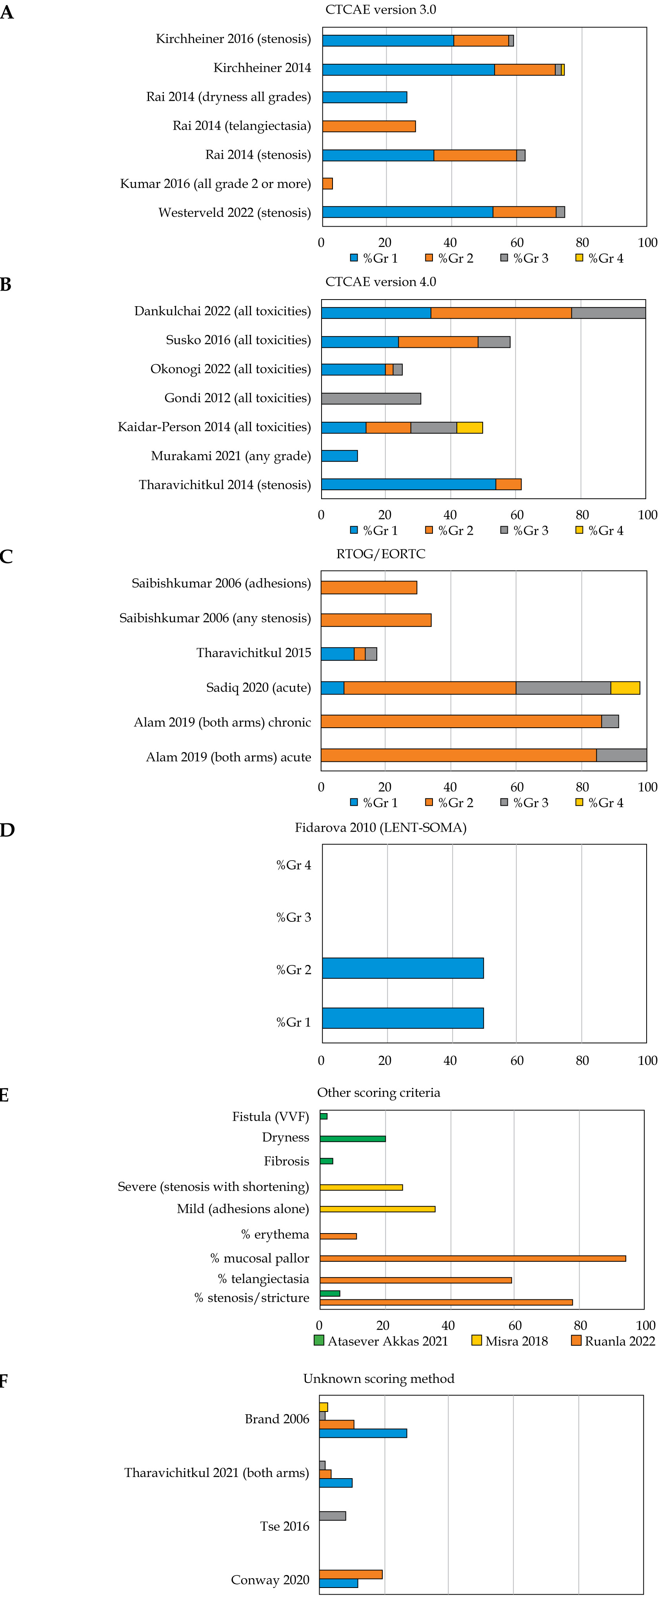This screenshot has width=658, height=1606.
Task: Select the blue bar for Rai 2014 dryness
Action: click(x=364, y=97)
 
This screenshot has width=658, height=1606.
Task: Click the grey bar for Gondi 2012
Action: click(x=371, y=398)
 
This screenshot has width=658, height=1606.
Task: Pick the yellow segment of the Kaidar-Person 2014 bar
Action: click(x=470, y=428)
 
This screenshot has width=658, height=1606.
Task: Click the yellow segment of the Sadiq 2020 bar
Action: click(x=625, y=688)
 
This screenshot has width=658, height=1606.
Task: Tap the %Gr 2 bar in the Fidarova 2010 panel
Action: click(x=403, y=968)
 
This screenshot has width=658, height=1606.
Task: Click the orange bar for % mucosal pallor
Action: click(x=473, y=1259)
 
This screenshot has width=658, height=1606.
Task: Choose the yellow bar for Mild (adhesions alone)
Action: click(x=377, y=1209)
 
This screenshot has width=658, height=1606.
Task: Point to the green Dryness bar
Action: click(x=353, y=1138)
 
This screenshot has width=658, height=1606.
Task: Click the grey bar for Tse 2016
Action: click(x=333, y=1515)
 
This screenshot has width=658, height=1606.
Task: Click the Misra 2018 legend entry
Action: click(x=510, y=1341)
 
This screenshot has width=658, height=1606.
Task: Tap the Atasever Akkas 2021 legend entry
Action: click(x=381, y=1341)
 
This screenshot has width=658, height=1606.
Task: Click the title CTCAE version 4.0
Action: click(x=380, y=282)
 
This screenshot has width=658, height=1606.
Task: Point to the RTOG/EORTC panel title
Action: click(x=380, y=554)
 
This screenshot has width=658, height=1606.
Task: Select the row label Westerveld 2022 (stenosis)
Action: click(x=234, y=213)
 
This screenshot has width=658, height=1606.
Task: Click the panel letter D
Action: click(x=7, y=830)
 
